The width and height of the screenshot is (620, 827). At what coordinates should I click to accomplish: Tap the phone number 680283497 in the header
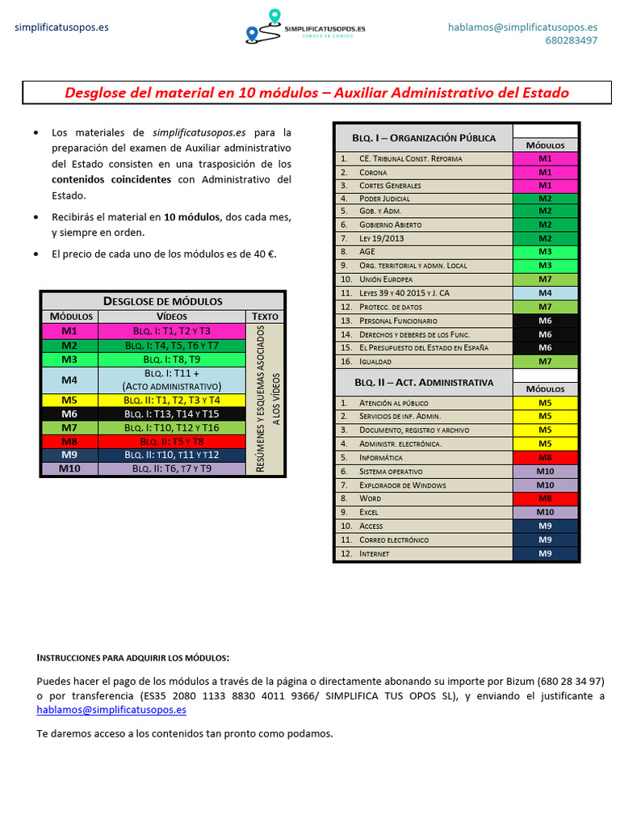tap(571, 40)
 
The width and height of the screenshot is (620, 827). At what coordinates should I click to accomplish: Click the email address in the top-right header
tap(522, 27)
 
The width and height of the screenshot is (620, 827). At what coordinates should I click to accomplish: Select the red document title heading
tap(316, 93)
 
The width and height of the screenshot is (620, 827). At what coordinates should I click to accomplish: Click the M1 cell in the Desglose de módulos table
tap(69, 331)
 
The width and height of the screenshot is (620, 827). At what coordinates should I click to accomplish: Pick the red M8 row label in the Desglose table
tap(69, 442)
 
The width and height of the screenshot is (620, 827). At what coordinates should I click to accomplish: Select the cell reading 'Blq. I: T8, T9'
tap(171, 359)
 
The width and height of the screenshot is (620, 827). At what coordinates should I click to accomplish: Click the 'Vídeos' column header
tap(171, 316)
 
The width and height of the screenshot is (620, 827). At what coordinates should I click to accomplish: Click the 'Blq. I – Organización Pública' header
tap(423, 137)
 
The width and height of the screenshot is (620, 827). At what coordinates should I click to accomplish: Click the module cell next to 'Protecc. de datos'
tap(545, 307)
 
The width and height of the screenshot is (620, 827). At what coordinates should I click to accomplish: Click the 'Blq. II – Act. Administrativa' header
tap(423, 382)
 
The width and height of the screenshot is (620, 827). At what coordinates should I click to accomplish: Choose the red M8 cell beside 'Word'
tap(545, 498)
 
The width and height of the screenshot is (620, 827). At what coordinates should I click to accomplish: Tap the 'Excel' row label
tap(369, 512)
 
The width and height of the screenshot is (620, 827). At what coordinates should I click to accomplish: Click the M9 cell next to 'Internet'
tap(545, 553)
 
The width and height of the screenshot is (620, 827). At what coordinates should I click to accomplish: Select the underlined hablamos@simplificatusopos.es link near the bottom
tap(111, 710)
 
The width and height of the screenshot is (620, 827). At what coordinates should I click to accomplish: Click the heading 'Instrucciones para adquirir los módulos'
tap(133, 657)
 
